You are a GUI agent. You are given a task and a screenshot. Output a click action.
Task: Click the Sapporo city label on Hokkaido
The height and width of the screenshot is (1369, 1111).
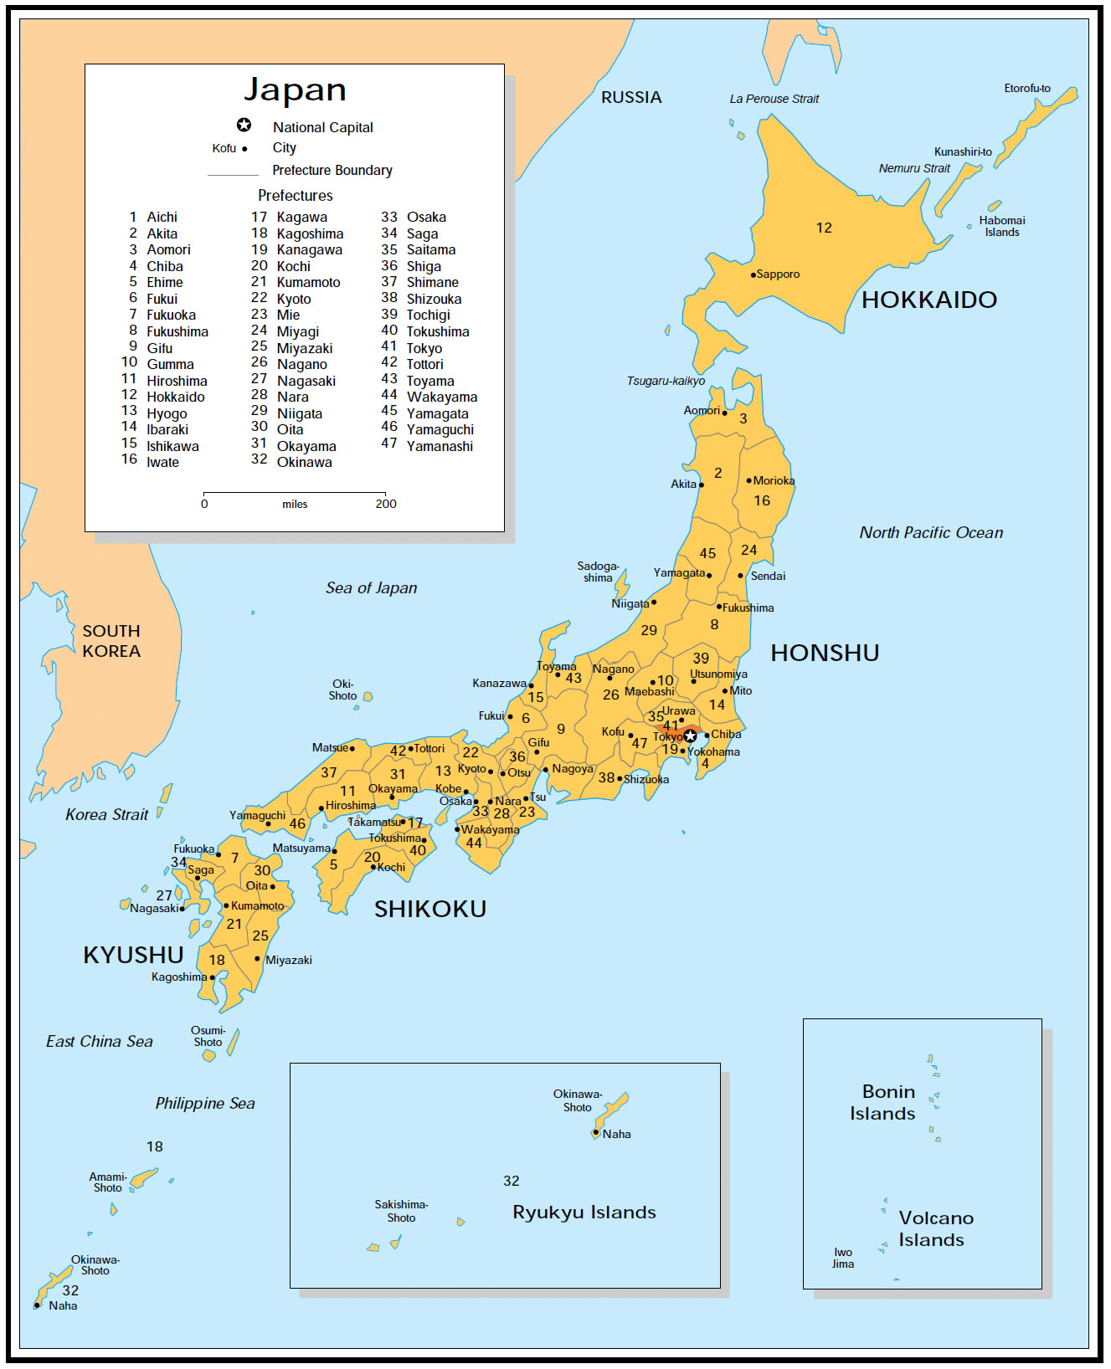[778, 274]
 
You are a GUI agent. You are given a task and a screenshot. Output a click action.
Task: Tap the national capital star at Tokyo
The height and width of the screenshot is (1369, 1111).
[690, 736]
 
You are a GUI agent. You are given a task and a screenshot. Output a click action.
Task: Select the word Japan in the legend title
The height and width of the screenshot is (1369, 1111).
[295, 90]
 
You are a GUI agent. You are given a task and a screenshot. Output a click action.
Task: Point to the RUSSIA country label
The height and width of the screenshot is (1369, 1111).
[631, 97]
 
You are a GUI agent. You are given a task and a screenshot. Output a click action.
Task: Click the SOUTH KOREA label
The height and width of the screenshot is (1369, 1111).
[111, 641]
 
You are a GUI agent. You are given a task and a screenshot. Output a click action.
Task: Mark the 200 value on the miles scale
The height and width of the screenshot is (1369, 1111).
[386, 504]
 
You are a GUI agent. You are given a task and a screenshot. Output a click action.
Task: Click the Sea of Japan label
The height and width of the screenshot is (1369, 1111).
[371, 588]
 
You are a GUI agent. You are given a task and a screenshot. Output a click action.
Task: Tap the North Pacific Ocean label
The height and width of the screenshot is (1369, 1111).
[931, 532]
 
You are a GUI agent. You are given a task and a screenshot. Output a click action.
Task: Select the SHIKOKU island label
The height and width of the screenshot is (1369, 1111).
[429, 909]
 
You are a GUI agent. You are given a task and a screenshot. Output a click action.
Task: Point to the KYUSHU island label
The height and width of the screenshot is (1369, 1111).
[133, 955]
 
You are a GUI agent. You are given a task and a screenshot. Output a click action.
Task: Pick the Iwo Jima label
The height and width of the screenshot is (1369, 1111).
[843, 1258]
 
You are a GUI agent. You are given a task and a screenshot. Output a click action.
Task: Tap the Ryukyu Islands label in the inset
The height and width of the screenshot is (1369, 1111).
[584, 1213]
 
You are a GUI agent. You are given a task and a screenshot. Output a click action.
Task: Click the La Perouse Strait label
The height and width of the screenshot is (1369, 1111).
[774, 99]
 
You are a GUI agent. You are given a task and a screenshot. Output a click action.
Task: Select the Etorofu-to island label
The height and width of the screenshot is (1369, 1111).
[1027, 88]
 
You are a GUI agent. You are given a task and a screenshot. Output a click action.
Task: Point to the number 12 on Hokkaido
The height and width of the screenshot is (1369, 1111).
[824, 228]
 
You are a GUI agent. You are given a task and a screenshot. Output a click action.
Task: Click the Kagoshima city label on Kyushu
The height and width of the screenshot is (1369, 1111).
[179, 977]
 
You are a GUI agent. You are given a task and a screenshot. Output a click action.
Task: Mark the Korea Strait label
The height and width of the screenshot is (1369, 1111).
[106, 815]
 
